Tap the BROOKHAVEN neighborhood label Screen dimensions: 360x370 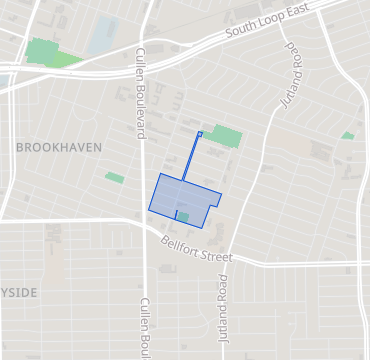pyautogui.click(x=59, y=147)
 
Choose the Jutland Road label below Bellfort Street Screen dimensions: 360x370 pyautogui.click(x=224, y=306)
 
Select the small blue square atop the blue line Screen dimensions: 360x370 pyautogui.click(x=200, y=134)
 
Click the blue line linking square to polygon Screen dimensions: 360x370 pyautogui.click(x=192, y=155)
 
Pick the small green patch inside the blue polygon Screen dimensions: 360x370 pyautogui.click(x=182, y=216)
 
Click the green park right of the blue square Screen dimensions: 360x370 pyautogui.click(x=226, y=136)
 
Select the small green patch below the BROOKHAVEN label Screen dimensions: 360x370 pyautogui.click(x=115, y=178)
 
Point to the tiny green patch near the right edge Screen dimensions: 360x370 pyautogui.click(x=347, y=135)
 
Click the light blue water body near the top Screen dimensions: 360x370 pyautogui.click(x=104, y=36)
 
